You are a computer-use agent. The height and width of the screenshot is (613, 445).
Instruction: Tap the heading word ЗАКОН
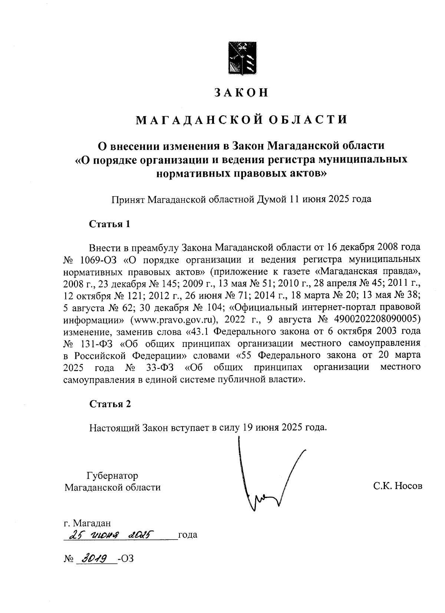(241, 92)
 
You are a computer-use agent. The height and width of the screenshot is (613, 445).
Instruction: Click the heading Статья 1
(110, 224)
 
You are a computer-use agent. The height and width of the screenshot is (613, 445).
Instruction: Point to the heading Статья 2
(110, 404)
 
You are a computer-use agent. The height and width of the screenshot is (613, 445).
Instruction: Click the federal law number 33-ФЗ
(158, 367)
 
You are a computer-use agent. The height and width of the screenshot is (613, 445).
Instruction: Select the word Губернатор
(112, 475)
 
